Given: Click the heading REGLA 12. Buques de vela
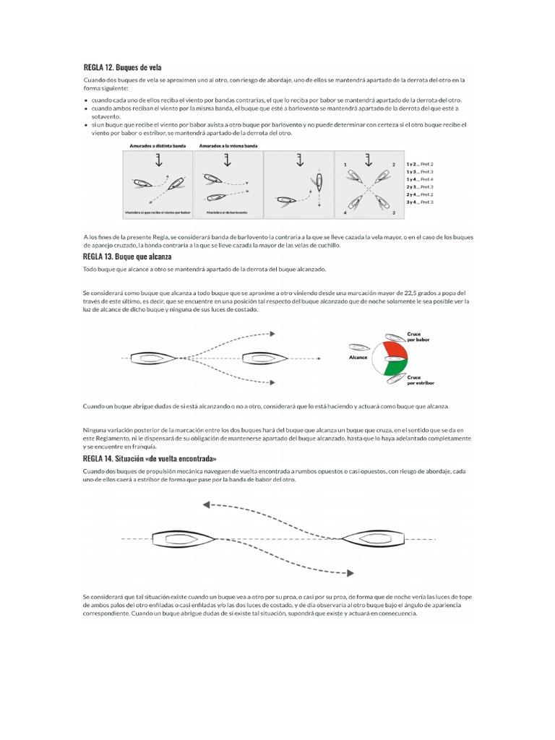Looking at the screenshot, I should coord(122,67).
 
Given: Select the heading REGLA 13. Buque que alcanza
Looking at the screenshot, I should coord(127,257).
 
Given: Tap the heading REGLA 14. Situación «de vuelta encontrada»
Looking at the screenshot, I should coord(150,458).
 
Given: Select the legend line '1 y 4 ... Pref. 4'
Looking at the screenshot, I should coord(420,178).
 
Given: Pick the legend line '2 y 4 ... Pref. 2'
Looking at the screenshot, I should coord(420,194).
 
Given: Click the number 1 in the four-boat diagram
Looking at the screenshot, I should coord(345,165).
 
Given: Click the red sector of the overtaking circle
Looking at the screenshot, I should coord(395,350).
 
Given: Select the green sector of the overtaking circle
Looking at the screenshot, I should coord(395,369).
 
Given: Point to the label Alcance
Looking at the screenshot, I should coord(358,357).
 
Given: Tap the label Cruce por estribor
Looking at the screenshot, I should coord(418,380).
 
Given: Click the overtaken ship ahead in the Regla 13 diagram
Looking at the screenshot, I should coord(265,358).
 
